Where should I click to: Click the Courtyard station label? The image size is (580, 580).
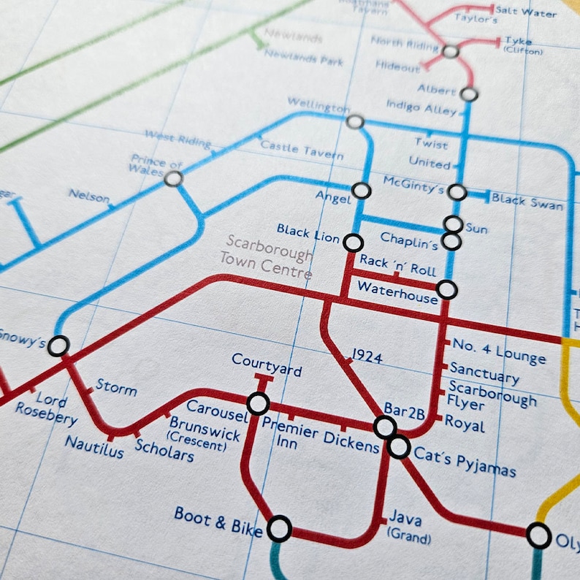click(267, 365)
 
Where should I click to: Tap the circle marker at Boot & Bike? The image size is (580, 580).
click(279, 528)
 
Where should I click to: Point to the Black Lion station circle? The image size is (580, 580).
click(354, 242)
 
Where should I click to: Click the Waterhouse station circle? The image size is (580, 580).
click(447, 290)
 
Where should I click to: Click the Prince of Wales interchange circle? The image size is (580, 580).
click(173, 178)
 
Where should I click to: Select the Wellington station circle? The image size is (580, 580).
click(355, 122)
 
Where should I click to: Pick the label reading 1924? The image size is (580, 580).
click(367, 356)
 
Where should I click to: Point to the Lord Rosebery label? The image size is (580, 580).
click(46, 409)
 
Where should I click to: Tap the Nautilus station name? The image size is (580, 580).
click(94, 446)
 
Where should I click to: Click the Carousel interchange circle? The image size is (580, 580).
click(258, 403)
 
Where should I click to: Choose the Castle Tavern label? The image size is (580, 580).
click(302, 150)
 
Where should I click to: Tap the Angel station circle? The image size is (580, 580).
click(361, 191)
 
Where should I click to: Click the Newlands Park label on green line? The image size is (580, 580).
click(304, 57)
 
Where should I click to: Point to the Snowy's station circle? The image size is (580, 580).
click(58, 346)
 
